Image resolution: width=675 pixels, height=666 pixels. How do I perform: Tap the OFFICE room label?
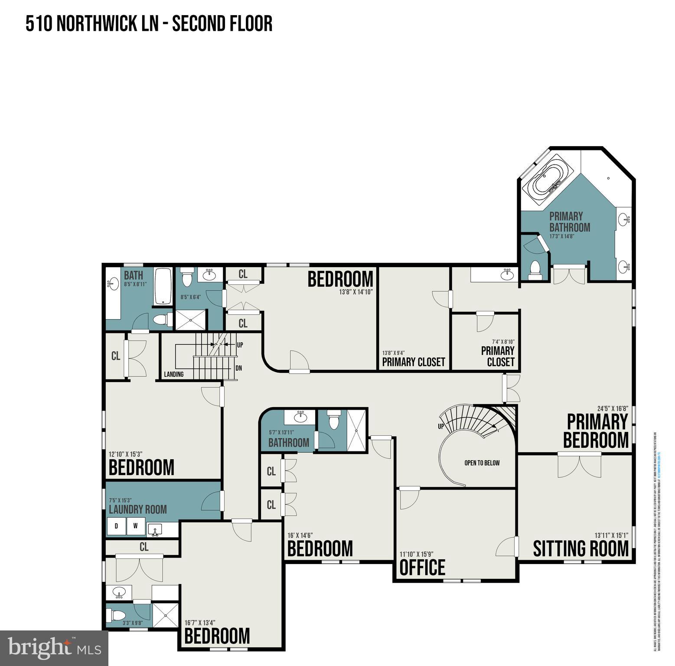coord(422,568)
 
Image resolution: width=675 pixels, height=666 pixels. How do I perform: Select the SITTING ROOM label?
coord(580,548)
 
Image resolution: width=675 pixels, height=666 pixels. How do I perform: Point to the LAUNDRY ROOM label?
coord(137,509)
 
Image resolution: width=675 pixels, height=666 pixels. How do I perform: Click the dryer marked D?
coord(116,526)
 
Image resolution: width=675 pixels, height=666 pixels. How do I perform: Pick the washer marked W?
coord(136,526)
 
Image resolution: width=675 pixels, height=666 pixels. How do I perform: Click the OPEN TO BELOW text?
coord(482,463)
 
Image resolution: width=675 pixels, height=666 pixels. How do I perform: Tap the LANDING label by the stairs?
coord(173,374)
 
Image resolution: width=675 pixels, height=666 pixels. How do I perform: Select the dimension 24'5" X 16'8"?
coord(612,408)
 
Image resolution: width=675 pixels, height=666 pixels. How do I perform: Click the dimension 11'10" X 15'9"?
coord(416,554)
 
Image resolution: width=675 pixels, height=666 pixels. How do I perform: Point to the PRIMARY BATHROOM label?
coord(569,222)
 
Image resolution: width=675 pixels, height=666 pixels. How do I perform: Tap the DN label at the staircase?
coord(238,368)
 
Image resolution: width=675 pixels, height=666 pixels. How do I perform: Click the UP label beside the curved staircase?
coord(441,426)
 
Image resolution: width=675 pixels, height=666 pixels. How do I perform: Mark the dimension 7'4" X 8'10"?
coord(503,342)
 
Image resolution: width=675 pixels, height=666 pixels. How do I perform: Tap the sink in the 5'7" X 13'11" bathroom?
coord(299,417)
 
